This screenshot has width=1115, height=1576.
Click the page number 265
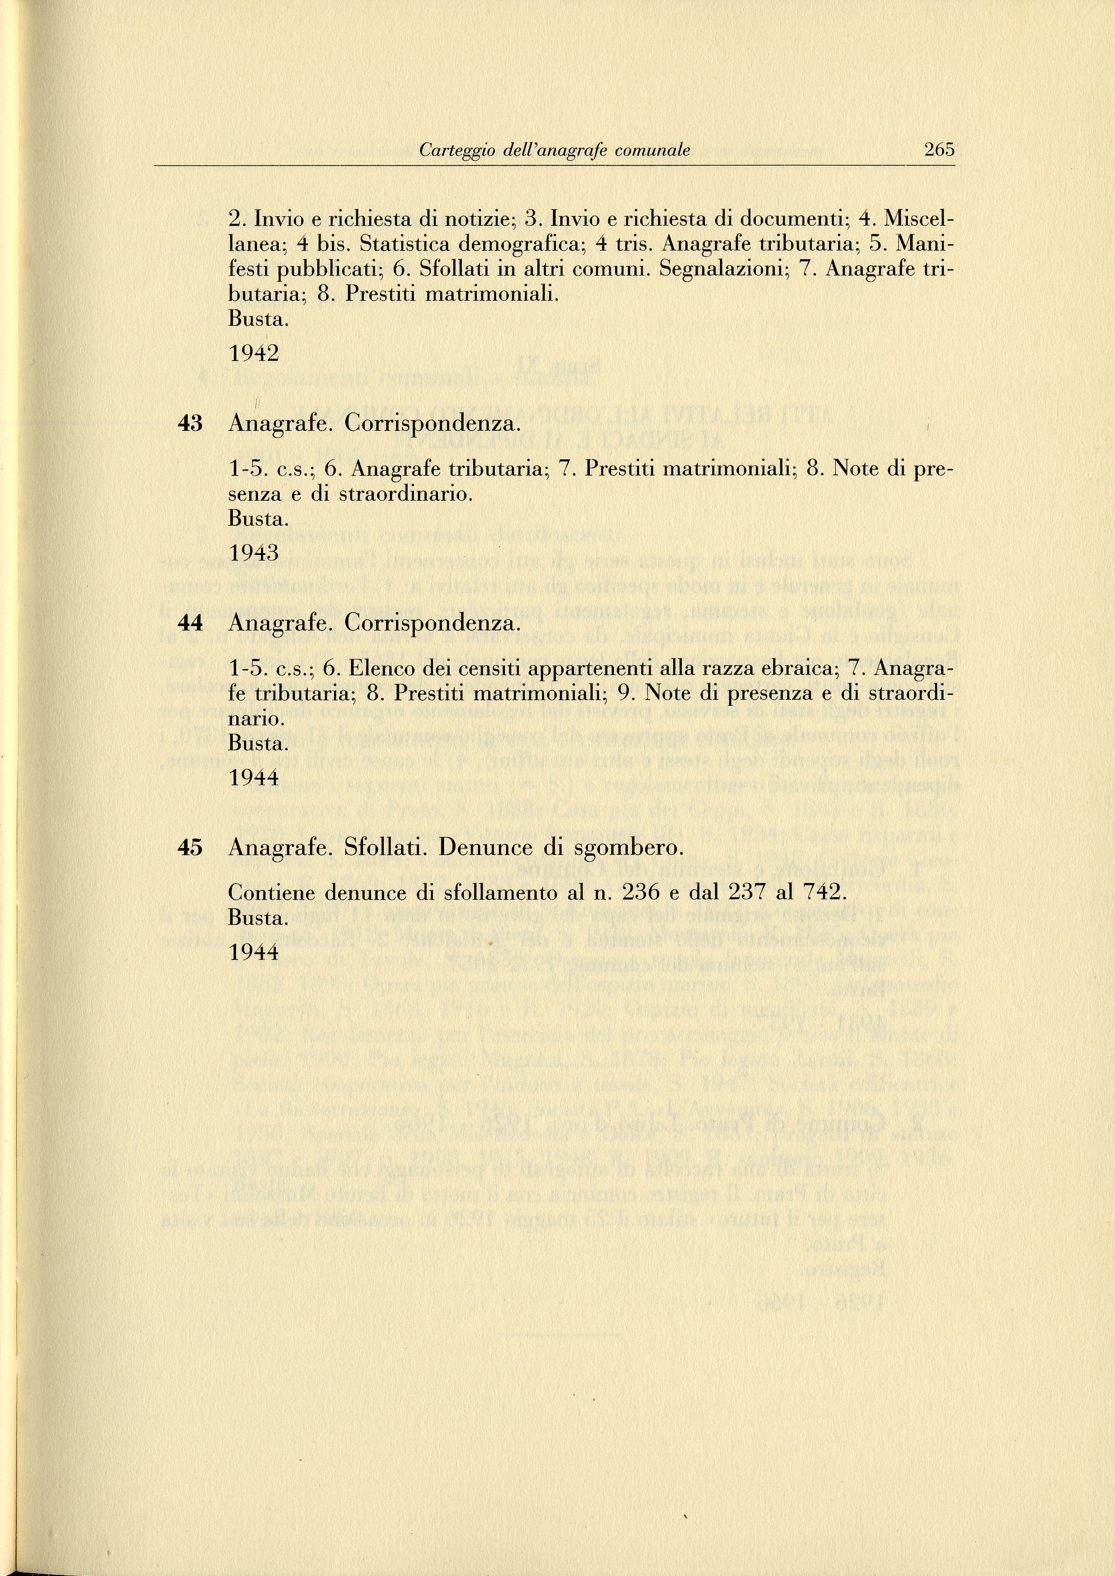click(x=939, y=149)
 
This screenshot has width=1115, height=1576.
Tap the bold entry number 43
click(x=190, y=423)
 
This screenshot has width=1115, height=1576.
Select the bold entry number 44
click(x=190, y=623)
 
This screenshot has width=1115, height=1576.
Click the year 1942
click(x=254, y=354)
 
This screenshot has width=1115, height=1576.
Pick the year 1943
click(x=254, y=553)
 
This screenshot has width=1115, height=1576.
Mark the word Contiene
click(x=273, y=893)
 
